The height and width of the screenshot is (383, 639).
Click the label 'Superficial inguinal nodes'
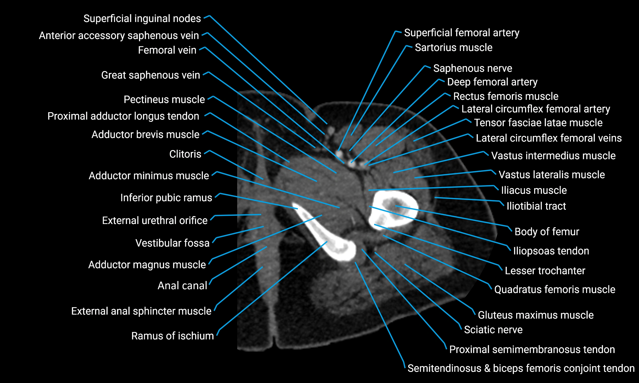[142, 18]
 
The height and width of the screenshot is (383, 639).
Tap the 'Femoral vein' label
[167, 50]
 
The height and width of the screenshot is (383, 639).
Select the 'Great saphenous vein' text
[151, 75]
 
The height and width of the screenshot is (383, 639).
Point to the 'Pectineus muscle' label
[164, 99]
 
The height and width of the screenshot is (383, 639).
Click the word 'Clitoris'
[185, 154]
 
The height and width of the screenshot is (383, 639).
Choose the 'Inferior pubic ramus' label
[166, 198]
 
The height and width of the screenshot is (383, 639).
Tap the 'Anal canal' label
[182, 286]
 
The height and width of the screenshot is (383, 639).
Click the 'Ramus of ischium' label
[172, 336]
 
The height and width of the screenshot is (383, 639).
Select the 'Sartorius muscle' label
[454, 47]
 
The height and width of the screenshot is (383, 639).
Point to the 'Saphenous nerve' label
[473, 68]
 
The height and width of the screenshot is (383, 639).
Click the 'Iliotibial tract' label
[536, 206]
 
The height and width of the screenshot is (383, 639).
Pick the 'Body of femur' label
[547, 231]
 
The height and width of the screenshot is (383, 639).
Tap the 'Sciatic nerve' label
[493, 329]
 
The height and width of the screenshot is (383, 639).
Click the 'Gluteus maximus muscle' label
[536, 315]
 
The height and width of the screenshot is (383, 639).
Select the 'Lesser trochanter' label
[545, 271]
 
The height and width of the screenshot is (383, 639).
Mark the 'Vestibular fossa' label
[172, 243]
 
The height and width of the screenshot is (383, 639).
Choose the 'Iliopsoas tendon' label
[551, 251]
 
